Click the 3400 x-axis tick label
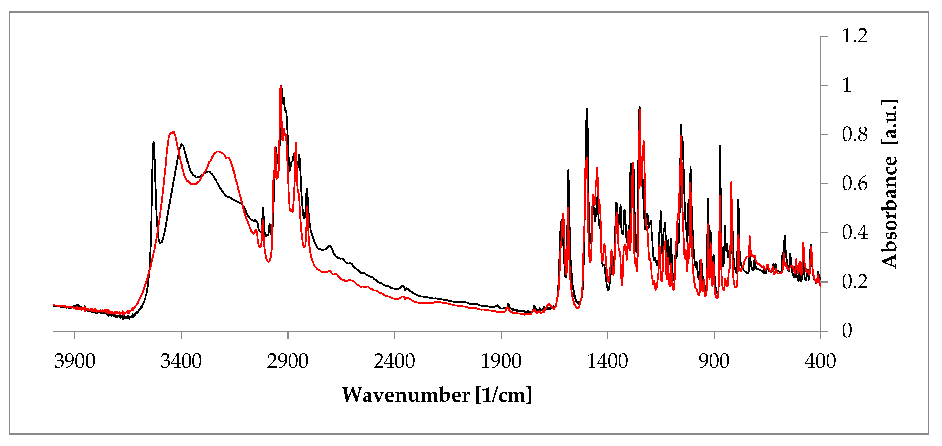click(181, 362)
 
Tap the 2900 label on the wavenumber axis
click(288, 362)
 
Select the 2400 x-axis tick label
click(394, 362)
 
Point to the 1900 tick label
click(501, 362)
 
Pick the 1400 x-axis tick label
click(607, 362)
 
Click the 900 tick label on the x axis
click(714, 362)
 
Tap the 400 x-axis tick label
click(820, 362)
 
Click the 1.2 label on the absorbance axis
click(855, 36)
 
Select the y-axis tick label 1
click(847, 85)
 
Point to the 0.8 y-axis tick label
click(855, 135)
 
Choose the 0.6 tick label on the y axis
click(855, 184)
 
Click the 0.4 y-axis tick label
click(855, 233)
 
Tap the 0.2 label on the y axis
click(855, 282)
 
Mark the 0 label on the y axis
click(847, 331)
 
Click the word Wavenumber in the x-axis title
click(406, 395)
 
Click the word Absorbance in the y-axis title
click(889, 212)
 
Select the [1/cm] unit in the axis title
click(504, 395)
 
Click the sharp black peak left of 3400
click(153, 143)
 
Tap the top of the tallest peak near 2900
click(281, 86)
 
